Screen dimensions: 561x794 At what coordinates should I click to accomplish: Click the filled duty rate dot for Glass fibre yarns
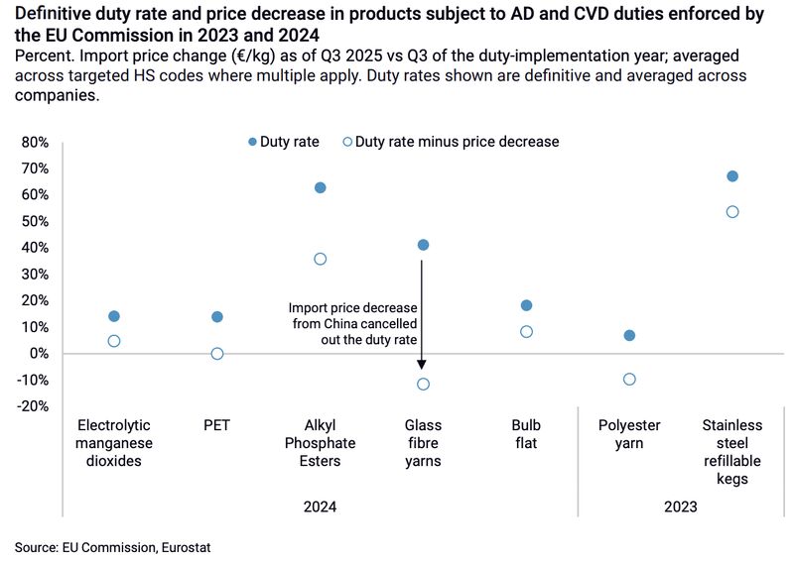click(424, 245)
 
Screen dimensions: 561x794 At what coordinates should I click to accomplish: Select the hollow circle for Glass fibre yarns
click(424, 384)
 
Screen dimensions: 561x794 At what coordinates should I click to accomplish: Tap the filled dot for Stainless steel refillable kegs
click(732, 176)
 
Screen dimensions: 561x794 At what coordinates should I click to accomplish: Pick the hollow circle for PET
click(217, 354)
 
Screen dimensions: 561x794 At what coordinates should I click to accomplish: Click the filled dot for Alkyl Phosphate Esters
click(321, 187)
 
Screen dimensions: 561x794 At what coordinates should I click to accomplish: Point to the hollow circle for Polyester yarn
click(629, 379)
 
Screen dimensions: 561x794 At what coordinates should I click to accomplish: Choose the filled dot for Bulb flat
click(526, 305)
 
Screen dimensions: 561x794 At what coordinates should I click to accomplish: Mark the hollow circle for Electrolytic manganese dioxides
click(114, 341)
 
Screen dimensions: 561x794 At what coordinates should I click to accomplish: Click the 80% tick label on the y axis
click(34, 142)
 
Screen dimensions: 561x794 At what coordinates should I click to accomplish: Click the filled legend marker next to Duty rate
click(251, 142)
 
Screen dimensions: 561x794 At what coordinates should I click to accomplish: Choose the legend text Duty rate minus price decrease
click(457, 142)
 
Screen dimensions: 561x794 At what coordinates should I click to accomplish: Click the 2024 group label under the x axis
click(321, 506)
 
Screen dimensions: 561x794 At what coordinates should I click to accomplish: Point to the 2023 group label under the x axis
click(681, 506)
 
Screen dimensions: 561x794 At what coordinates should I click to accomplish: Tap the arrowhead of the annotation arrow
click(422, 366)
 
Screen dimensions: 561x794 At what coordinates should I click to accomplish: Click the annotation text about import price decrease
click(353, 324)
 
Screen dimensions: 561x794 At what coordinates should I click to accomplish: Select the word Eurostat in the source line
click(185, 546)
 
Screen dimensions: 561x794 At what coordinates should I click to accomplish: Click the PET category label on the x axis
click(217, 426)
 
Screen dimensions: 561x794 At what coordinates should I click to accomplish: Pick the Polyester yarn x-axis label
click(629, 434)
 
